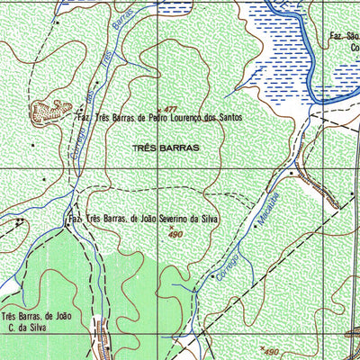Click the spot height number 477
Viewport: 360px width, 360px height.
pos(167,108)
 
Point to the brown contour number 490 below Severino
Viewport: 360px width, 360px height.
pos(177,234)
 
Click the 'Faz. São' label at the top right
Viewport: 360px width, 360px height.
pos(345,37)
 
